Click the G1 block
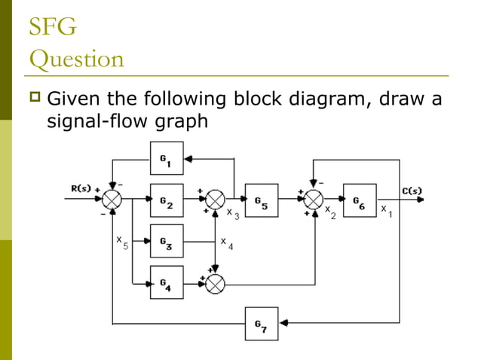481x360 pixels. point(167,159)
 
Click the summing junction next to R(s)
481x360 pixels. point(112,200)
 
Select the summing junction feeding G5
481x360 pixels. point(216,200)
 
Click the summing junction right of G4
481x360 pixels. point(216,282)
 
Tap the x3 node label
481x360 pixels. point(233,214)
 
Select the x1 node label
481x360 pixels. point(386,210)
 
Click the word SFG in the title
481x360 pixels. point(52,29)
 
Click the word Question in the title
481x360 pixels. point(75,59)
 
